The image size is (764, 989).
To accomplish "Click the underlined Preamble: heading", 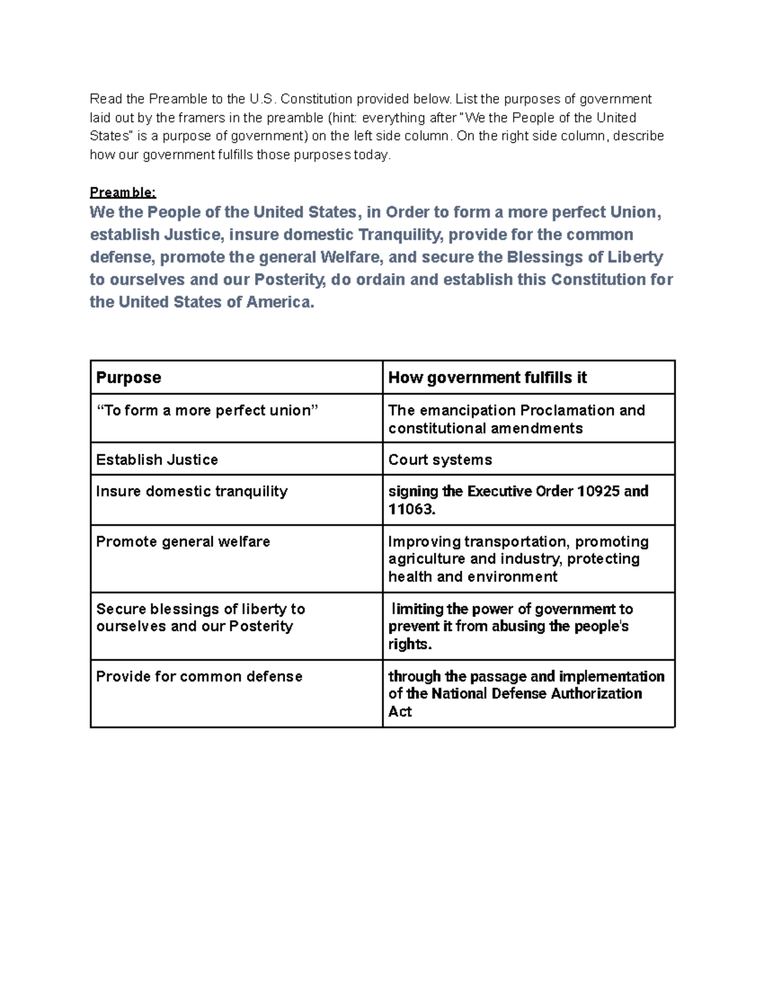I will click(122, 192).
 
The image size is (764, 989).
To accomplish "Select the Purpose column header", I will click(129, 378).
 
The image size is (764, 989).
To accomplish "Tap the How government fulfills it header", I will click(487, 378).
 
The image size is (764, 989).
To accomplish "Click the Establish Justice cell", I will click(157, 460).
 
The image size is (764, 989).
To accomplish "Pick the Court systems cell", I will click(440, 460).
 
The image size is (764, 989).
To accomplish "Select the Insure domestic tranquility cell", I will click(192, 491).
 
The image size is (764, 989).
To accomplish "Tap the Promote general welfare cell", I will click(183, 541).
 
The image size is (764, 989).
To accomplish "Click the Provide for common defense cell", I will click(199, 676).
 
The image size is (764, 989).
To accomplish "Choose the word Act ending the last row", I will click(400, 711).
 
